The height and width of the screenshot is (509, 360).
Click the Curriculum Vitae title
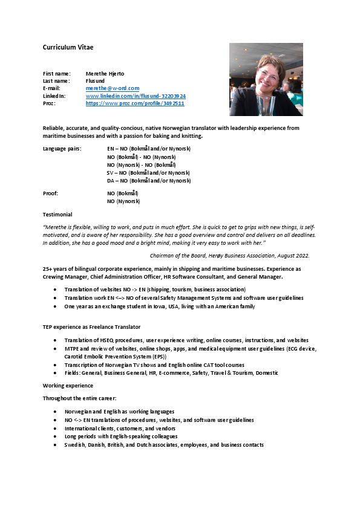[68, 47]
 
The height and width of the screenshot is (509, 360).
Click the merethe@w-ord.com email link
[113, 88]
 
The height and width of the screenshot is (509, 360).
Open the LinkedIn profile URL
[136, 96]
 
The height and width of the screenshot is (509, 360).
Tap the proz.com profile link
[135, 103]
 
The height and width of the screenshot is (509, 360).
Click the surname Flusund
[95, 81]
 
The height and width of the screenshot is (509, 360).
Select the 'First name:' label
[56, 74]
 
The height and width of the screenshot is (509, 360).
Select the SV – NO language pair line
[148, 172]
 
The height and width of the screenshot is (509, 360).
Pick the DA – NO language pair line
[148, 180]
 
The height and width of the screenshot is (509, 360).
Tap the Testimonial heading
[57, 214]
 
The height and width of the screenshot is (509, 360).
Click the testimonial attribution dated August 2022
[229, 256]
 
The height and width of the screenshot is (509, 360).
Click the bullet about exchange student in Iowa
[160, 306]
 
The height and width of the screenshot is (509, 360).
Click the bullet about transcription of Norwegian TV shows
[154, 365]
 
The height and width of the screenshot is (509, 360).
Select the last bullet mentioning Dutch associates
[164, 445]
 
